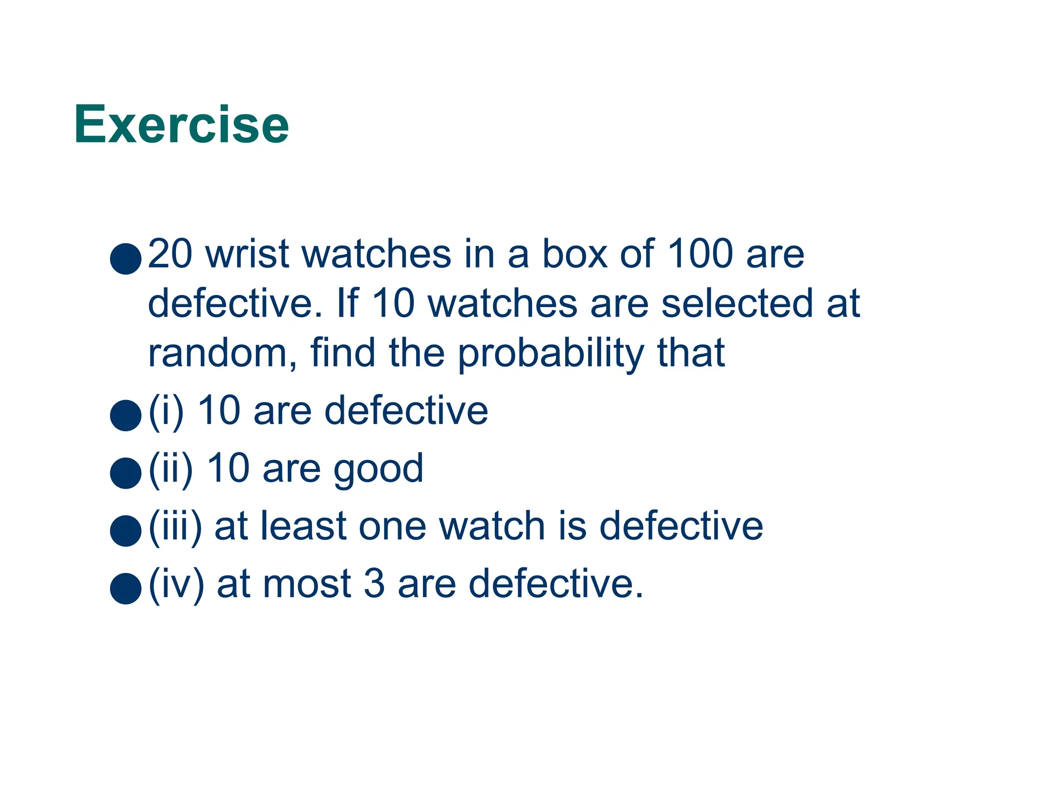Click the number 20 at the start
click(170, 254)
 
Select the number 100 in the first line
click(700, 254)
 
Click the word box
click(575, 254)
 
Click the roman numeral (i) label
click(166, 411)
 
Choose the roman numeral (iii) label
click(175, 527)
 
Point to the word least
click(303, 527)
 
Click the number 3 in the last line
click(374, 584)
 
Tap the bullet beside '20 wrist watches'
click(126, 258)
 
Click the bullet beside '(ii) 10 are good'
click(126, 473)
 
